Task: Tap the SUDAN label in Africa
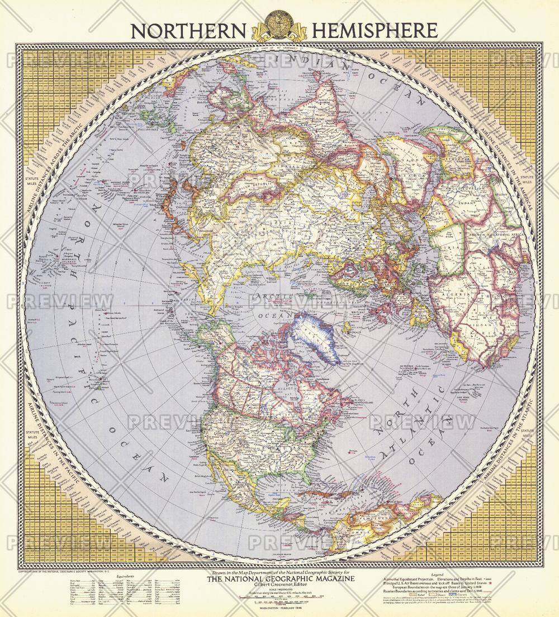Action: [x=468, y=202]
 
